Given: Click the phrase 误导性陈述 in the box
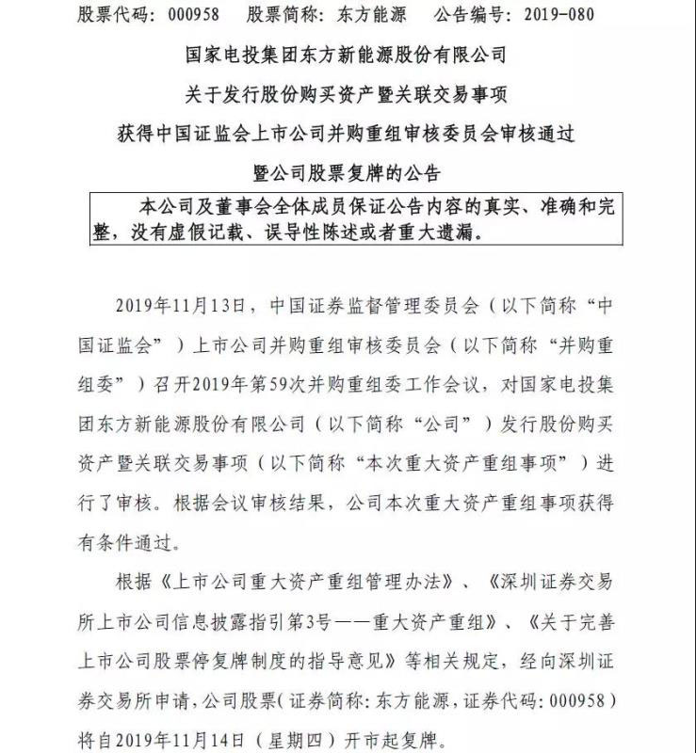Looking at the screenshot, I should (x=339, y=232).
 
